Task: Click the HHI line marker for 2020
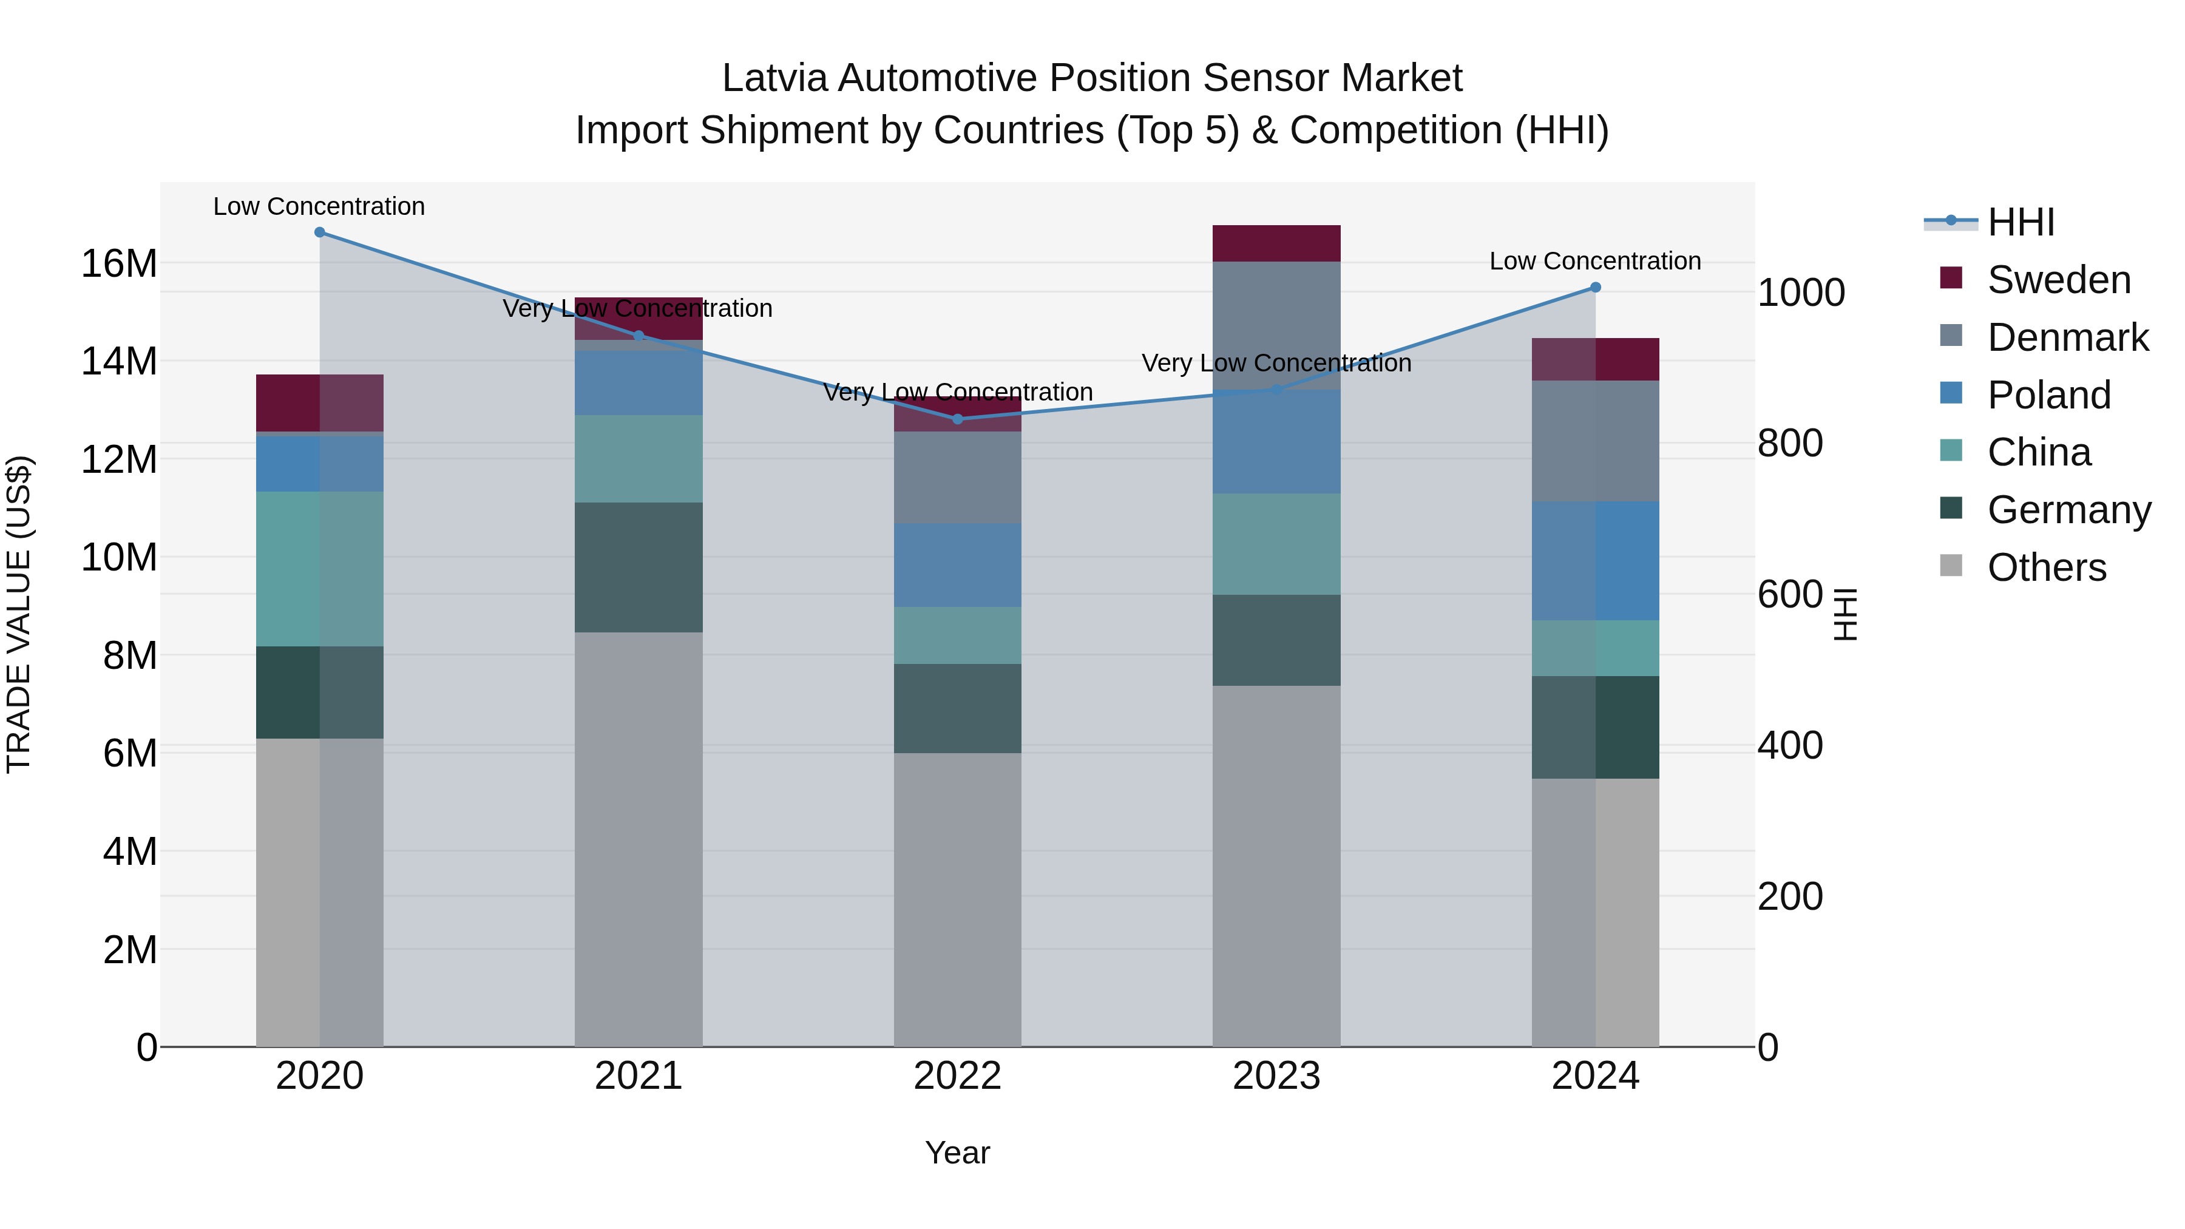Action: [x=320, y=232]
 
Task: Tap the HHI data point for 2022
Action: [x=958, y=419]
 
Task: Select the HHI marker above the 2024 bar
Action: [x=1596, y=288]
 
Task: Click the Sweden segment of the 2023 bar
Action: [x=1276, y=243]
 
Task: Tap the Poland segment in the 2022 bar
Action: [x=958, y=565]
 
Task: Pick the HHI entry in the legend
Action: [x=2021, y=222]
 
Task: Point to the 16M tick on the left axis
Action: [x=119, y=264]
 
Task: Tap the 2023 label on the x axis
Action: [x=1276, y=1076]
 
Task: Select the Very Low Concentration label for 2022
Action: [x=958, y=392]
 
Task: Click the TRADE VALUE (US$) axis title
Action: [x=19, y=614]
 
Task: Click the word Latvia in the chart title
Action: [x=774, y=78]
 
